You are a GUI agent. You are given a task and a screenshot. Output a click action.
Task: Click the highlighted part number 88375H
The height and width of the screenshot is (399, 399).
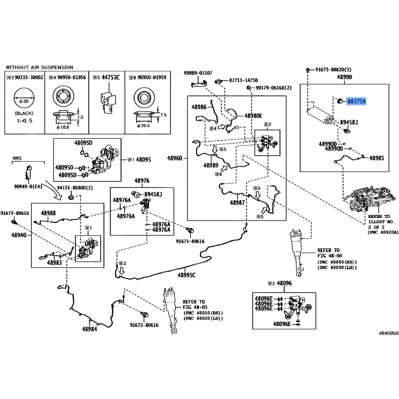(357, 102)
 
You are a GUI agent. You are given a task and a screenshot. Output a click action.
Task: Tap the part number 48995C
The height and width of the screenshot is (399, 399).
(187, 275)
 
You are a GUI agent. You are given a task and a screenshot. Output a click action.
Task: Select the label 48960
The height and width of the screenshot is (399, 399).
(175, 158)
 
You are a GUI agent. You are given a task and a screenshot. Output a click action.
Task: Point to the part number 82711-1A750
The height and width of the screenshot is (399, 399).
(243, 80)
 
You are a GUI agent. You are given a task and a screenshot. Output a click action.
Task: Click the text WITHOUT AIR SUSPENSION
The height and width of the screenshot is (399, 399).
(39, 67)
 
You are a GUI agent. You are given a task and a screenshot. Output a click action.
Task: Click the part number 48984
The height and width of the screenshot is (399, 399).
(90, 329)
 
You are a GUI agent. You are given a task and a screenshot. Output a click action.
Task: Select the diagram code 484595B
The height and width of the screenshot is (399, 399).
(389, 333)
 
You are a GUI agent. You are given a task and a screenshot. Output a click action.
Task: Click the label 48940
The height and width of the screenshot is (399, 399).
(19, 235)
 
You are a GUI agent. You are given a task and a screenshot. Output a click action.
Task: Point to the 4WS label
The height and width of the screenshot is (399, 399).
(17, 158)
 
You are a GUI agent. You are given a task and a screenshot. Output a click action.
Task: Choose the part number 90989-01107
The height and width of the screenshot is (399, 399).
(198, 73)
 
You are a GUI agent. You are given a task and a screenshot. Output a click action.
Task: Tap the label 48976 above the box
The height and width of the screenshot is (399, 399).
(142, 181)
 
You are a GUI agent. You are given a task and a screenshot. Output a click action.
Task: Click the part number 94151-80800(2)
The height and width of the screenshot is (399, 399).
(75, 188)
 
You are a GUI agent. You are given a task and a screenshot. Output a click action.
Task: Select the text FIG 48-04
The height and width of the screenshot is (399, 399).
(330, 256)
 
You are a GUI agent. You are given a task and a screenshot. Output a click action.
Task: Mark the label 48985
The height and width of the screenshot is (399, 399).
(377, 158)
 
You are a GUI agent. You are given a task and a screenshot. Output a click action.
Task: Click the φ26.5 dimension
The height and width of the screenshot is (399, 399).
(144, 126)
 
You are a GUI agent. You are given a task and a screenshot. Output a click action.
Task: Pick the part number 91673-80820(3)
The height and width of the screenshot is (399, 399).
(333, 69)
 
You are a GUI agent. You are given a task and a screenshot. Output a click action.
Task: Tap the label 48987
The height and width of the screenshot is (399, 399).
(237, 203)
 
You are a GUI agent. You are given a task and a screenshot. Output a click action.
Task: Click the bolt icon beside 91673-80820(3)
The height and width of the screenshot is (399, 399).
(308, 69)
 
